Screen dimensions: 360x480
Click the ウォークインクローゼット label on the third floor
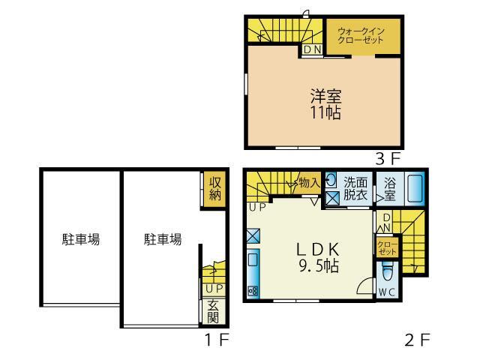[361, 35]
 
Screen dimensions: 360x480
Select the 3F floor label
[390, 158]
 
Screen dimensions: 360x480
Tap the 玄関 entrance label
[213, 310]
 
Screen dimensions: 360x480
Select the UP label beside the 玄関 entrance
[213, 288]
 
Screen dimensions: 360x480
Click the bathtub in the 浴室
[415, 188]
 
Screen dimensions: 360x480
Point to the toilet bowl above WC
[386, 269]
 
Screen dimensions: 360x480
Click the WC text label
[386, 291]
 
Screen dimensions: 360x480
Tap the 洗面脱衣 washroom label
[355, 187]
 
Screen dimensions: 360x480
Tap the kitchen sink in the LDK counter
[253, 260]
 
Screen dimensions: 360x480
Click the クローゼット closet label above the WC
[385, 246]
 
